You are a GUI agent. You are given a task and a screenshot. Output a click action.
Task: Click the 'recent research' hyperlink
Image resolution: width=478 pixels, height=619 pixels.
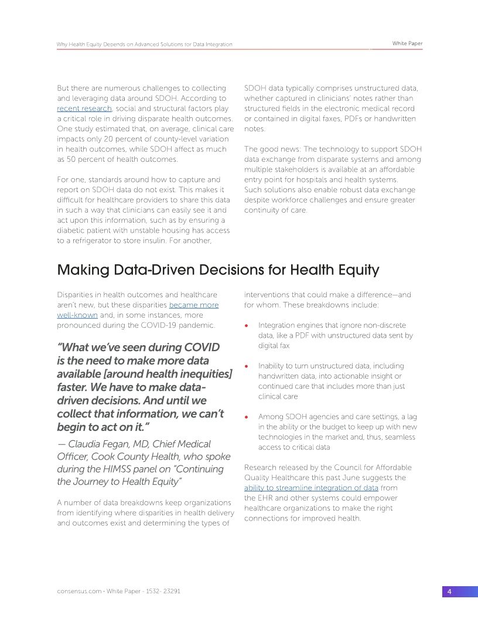point(84,109)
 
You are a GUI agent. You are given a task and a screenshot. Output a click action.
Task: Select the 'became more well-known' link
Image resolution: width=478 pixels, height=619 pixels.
point(193,305)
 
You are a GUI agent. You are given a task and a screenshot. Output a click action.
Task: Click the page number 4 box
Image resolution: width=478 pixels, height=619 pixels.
point(449,591)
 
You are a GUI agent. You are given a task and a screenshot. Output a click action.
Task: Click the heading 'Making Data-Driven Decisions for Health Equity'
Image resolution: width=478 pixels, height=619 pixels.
point(218,270)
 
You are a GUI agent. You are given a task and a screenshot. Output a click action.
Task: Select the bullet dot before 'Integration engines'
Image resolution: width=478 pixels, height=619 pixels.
point(247,326)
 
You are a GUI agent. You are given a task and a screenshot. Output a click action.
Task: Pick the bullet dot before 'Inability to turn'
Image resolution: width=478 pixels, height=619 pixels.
point(247,366)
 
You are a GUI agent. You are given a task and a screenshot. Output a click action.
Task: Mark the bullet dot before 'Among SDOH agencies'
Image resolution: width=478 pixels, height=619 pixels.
point(247,417)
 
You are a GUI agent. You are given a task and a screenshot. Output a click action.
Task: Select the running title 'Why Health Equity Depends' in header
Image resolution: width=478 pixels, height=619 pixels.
point(94,45)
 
